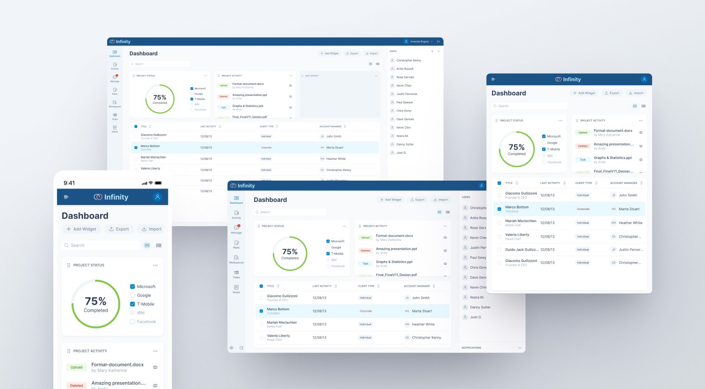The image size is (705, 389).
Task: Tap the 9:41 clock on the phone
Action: (x=69, y=183)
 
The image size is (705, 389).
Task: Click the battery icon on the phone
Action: (x=158, y=183)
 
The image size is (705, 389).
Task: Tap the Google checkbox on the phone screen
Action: (x=133, y=295)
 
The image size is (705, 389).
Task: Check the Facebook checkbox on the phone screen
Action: (x=133, y=321)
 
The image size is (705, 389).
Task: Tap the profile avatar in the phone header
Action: (x=158, y=197)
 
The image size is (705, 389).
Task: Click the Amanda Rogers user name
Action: (x=419, y=42)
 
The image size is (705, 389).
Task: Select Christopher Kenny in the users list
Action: (x=409, y=60)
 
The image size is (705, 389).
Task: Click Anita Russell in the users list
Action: (x=405, y=69)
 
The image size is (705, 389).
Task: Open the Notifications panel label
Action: (x=471, y=348)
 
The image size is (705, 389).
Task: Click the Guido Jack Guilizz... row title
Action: (x=521, y=250)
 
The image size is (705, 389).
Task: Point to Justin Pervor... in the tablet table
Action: (x=629, y=250)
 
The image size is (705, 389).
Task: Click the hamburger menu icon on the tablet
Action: (x=493, y=79)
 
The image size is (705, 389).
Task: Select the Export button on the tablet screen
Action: (x=612, y=93)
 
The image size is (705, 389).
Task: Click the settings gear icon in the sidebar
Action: (x=231, y=348)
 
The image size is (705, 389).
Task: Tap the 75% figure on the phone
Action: (x=96, y=301)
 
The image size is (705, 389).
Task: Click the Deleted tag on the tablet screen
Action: (x=583, y=146)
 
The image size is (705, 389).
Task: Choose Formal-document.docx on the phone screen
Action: (x=117, y=364)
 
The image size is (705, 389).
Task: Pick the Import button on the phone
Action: (x=152, y=229)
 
